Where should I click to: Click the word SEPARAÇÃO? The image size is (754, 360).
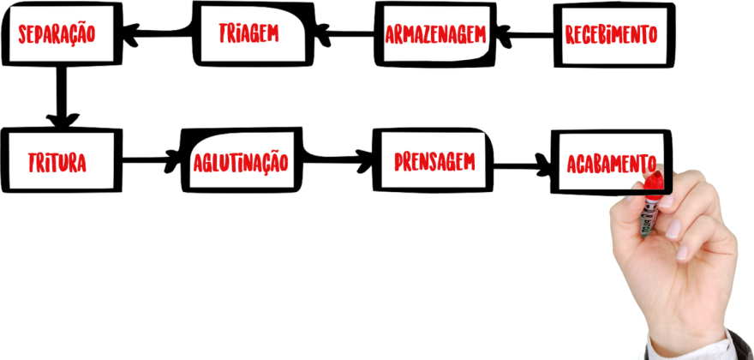(x=57, y=34)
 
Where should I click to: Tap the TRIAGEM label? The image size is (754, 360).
(x=248, y=33)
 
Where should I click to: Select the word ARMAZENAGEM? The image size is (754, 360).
(x=436, y=35)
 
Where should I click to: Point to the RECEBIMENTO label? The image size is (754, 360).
(x=611, y=35)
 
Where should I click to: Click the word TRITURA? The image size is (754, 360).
(x=57, y=162)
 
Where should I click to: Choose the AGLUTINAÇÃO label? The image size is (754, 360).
(x=241, y=161)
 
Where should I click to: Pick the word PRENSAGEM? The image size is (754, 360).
(x=434, y=160)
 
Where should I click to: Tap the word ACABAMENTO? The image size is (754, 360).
(x=610, y=163)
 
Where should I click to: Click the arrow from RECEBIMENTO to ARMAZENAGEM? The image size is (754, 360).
(x=525, y=35)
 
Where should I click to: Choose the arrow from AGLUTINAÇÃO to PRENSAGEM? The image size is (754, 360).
(x=338, y=158)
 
